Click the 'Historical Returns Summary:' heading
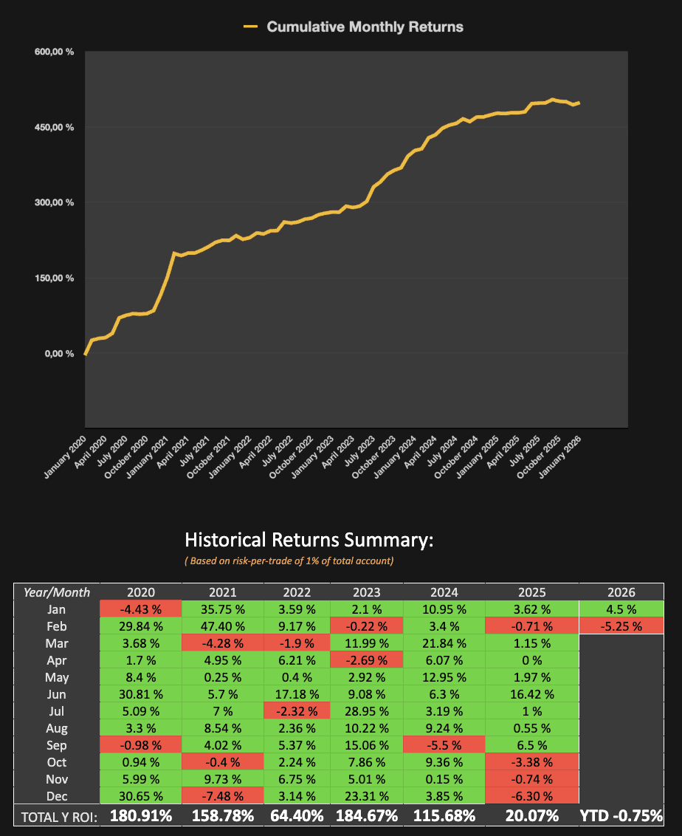pyautogui.click(x=309, y=540)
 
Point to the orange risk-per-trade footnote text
pyautogui.click(x=289, y=561)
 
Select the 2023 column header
pyautogui.click(x=367, y=592)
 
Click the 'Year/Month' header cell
pyautogui.click(x=57, y=592)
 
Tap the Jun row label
pyautogui.click(x=57, y=694)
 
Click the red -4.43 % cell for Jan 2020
pyautogui.click(x=140, y=609)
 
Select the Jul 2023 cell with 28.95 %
pyautogui.click(x=367, y=711)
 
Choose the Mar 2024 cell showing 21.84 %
pyautogui.click(x=444, y=643)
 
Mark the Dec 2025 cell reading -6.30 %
pyautogui.click(x=531, y=796)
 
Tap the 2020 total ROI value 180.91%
pyautogui.click(x=140, y=816)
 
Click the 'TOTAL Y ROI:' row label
pyautogui.click(x=56, y=816)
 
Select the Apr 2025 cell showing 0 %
pyautogui.click(x=531, y=660)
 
